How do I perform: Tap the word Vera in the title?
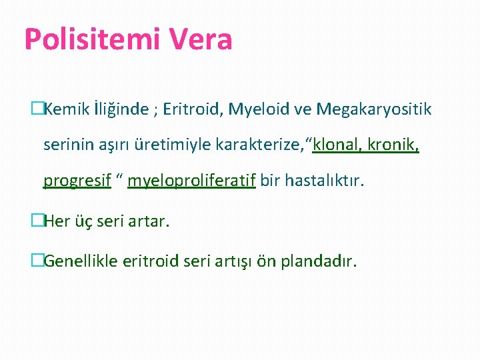point(201,39)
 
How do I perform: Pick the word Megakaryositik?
point(374,109)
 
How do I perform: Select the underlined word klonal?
point(337,145)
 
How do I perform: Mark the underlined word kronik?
point(395,145)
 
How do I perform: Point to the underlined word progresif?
point(77,181)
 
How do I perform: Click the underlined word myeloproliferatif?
point(191,181)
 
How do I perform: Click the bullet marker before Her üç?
point(37,221)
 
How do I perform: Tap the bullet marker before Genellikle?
point(37,261)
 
